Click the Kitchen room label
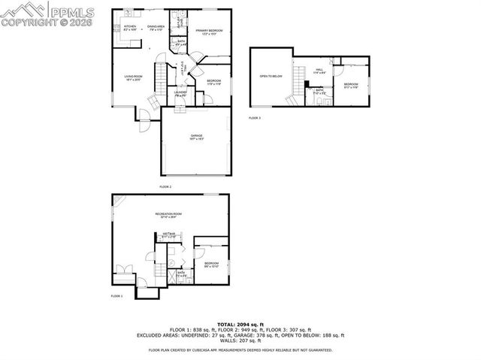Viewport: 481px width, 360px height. point(129,28)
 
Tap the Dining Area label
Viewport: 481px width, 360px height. point(156,28)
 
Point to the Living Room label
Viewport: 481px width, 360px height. point(132,77)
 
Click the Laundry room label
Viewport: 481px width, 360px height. point(181,95)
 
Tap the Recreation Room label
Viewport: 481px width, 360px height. point(168,216)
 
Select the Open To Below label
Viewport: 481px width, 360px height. point(271,76)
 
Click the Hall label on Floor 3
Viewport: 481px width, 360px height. point(319,71)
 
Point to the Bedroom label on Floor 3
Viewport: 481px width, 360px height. point(351,85)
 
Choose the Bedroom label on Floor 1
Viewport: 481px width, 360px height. point(210,265)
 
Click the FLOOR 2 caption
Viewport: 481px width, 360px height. point(165,186)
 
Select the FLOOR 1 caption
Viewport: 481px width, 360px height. point(116,296)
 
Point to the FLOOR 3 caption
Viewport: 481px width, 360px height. point(255,118)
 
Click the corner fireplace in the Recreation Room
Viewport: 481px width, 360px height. point(116,200)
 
